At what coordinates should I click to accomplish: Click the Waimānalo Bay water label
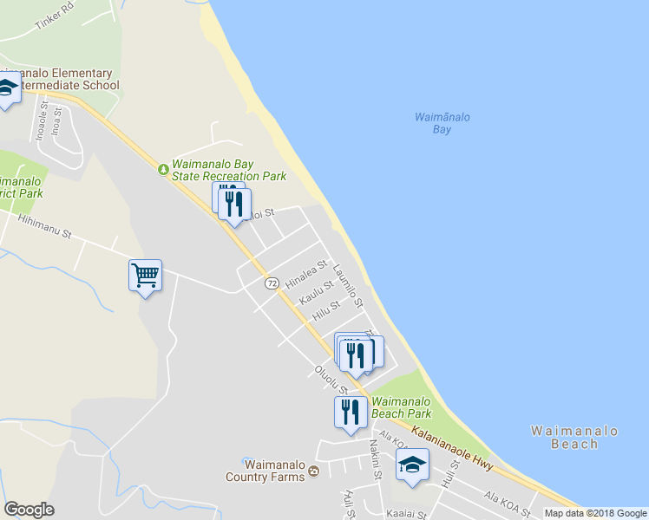[x=431, y=122]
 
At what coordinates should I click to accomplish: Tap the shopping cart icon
[x=145, y=276]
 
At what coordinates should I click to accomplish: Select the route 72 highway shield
[x=272, y=283]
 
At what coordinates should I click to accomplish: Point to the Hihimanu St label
[x=44, y=229]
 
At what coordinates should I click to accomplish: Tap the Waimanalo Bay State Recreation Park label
[x=229, y=169]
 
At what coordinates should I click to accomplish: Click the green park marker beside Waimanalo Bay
[x=162, y=168]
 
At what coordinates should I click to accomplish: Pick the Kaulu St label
[x=317, y=292]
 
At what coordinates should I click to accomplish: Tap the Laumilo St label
[x=349, y=286]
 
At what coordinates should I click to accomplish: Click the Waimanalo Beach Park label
[x=401, y=407]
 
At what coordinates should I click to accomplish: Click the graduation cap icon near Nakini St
[x=412, y=464]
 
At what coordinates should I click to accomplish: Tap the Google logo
[x=29, y=510]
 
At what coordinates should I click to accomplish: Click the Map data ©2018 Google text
[x=595, y=513]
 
